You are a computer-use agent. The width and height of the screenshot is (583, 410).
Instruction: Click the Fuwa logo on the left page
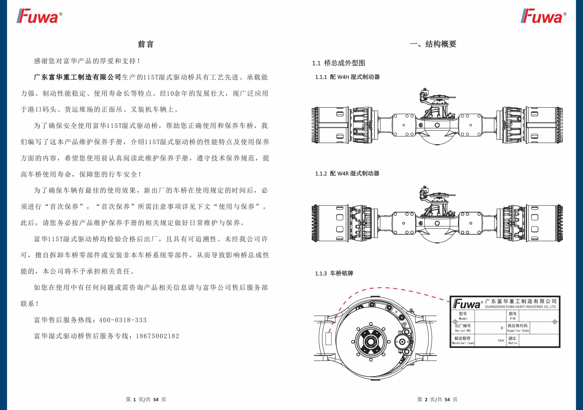39,16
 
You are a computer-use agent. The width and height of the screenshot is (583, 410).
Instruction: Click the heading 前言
145,44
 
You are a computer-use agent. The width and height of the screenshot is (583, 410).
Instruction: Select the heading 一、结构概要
433,44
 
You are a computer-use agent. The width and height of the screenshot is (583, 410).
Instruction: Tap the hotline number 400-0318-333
123,320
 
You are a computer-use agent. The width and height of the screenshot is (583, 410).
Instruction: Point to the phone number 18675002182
158,336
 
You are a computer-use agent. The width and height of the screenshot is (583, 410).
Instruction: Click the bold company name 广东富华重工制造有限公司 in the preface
77,77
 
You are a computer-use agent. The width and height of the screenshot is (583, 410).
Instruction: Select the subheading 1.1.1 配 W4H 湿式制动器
347,77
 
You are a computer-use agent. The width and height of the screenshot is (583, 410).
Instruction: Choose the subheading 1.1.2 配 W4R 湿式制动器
347,174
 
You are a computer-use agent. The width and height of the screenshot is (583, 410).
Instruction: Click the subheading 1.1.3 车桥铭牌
334,274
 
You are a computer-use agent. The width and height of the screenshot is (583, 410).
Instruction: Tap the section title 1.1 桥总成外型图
338,63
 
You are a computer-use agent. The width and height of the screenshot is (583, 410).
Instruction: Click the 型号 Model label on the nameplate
463,316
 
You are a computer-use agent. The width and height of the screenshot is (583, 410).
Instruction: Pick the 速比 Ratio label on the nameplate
512,340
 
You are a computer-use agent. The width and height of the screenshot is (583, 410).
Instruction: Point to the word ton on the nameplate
501,340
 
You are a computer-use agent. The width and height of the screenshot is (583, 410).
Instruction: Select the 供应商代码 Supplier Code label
518,328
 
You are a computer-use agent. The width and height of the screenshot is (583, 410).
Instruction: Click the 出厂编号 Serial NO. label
463,328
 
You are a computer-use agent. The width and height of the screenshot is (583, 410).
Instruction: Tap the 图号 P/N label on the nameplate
513,316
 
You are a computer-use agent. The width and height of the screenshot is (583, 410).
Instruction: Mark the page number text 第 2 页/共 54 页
437,399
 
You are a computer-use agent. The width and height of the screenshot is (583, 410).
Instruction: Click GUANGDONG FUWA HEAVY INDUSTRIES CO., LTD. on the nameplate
521,307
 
